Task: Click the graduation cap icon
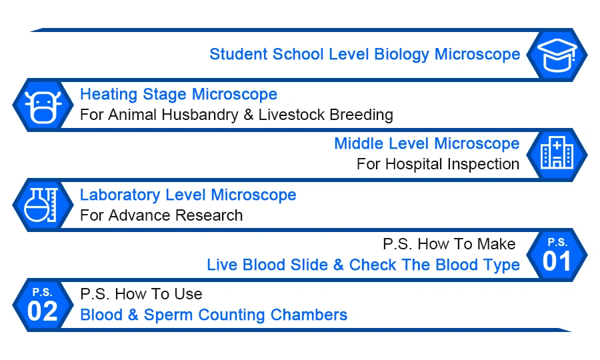pyautogui.click(x=557, y=55)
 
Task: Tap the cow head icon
pyautogui.click(x=43, y=107)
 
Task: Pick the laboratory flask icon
pyautogui.click(x=41, y=205)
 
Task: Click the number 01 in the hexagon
pyautogui.click(x=557, y=262)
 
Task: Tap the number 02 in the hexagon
pyautogui.click(x=43, y=311)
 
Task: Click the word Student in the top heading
pyautogui.click(x=239, y=54)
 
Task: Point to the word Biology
pyautogui.click(x=401, y=55)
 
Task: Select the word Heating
pyautogui.click(x=109, y=95)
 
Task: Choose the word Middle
pyautogui.click(x=359, y=144)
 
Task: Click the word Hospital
pyautogui.click(x=414, y=165)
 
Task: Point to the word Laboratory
pyautogui.click(x=120, y=195)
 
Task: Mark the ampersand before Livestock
pyautogui.click(x=249, y=115)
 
